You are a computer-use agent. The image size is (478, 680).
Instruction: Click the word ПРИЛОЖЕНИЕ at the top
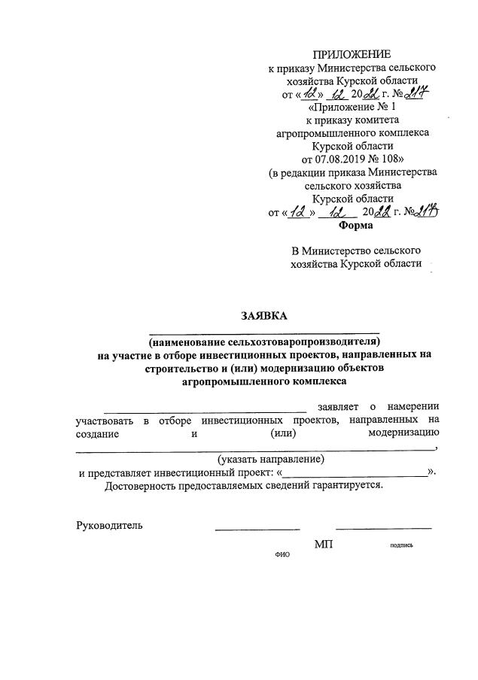352,54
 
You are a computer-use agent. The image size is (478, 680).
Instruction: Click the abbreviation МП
324,544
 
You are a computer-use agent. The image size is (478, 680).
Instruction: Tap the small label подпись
400,545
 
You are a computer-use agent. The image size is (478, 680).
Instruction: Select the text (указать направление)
271,458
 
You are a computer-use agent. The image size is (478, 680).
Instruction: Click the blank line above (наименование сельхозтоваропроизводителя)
264,331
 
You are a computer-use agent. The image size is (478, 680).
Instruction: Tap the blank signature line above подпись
383,529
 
